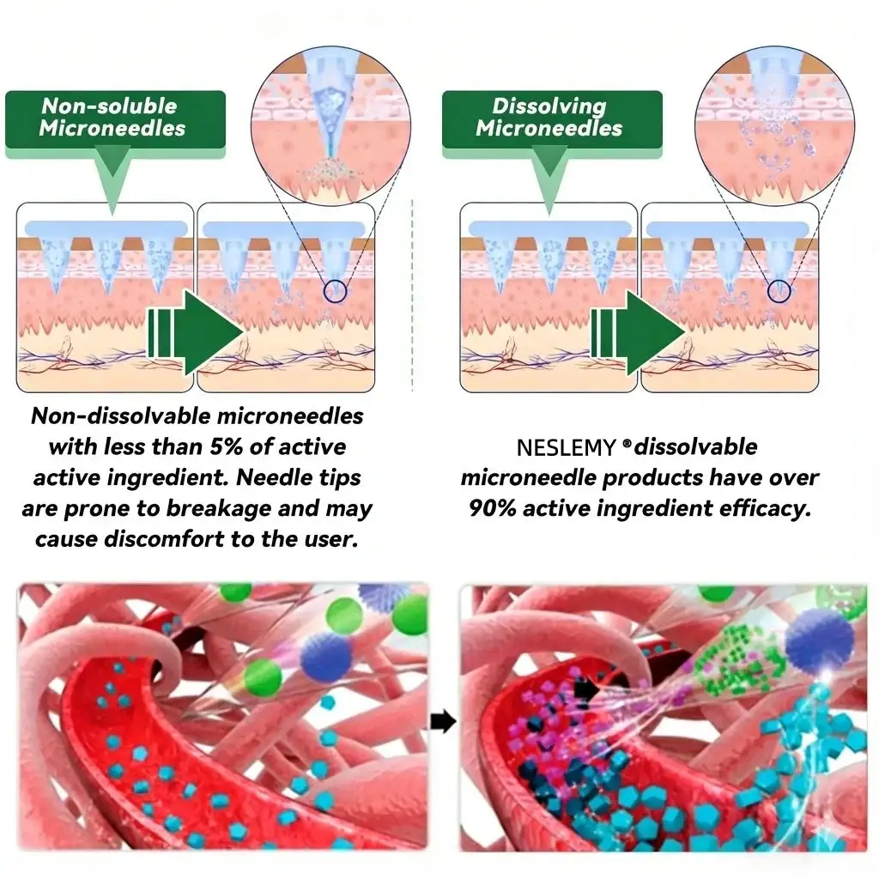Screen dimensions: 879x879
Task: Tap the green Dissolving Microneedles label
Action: coord(550,118)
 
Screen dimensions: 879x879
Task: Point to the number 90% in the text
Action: coord(492,508)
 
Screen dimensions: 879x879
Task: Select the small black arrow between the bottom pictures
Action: coord(443,722)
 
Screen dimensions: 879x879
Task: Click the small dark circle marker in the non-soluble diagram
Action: coord(336,290)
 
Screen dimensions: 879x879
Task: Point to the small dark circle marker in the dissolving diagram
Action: coord(779,290)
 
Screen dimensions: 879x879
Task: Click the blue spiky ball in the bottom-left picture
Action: coord(326,658)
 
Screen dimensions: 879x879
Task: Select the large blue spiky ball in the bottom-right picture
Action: coord(820,640)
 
